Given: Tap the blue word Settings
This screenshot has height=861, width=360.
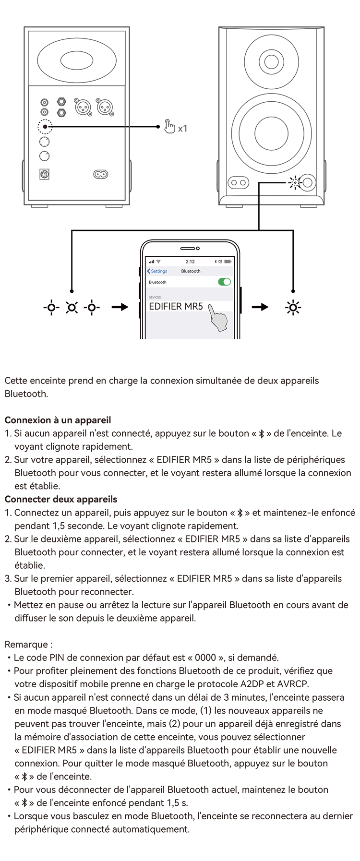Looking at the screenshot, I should point(159,271).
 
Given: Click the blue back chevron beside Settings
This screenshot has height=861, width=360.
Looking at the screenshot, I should point(149,271).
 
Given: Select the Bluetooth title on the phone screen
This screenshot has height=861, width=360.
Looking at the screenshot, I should point(191,271).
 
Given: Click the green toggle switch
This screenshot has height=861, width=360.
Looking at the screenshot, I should point(223,282).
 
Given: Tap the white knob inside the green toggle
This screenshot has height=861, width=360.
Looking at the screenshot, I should point(227,282).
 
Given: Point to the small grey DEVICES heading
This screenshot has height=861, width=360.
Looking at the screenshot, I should point(155,298).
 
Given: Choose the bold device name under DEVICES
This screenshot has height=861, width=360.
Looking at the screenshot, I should point(176,306).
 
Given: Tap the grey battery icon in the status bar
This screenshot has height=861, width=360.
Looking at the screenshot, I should point(228,262).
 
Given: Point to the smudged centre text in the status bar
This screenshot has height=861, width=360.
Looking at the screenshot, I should point(191,262).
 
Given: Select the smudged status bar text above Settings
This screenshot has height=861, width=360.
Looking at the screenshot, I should point(155,262).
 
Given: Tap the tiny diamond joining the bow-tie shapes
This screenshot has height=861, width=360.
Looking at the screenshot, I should point(127,126).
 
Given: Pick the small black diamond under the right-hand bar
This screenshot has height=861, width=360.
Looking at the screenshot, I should point(259,199).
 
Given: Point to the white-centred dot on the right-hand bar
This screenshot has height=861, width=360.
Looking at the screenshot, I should point(296,183).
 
